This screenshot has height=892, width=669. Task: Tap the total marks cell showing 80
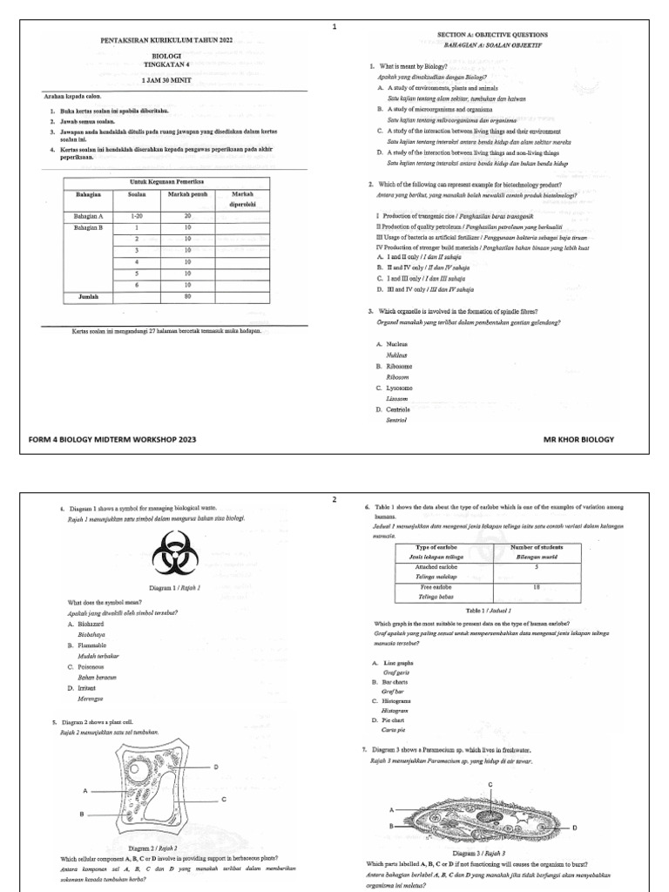pos(186,296)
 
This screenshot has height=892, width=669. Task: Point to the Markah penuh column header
pos(186,193)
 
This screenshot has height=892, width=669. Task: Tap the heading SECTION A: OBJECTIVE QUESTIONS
pos(492,34)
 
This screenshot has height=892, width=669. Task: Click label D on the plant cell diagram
pos(216,767)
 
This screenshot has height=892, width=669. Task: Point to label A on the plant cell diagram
pos(85,791)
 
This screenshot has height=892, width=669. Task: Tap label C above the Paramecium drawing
pos(490,785)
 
